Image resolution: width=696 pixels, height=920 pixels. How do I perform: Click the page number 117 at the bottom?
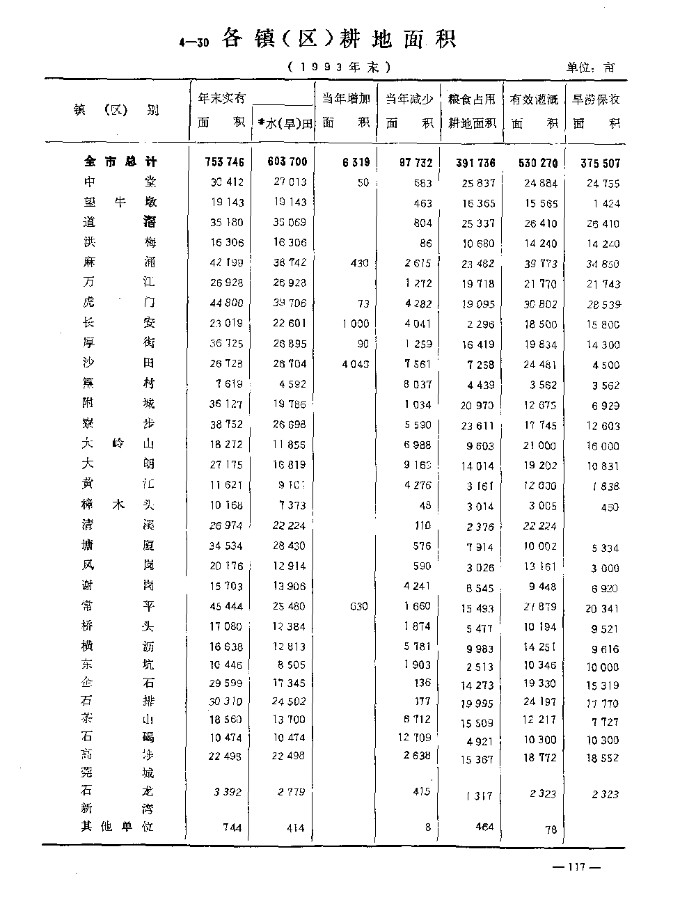click(x=575, y=866)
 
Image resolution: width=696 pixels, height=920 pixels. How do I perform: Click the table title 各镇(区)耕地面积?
click(x=338, y=40)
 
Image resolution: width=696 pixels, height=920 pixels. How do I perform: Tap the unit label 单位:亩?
click(x=591, y=68)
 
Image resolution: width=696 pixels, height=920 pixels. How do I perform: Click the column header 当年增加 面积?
click(x=346, y=111)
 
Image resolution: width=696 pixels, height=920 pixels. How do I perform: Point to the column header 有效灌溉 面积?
click(x=535, y=111)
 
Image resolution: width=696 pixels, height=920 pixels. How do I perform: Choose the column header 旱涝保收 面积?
click(x=596, y=111)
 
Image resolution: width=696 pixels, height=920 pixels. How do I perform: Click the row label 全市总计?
click(x=120, y=161)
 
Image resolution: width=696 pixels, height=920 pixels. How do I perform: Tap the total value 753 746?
click(x=225, y=162)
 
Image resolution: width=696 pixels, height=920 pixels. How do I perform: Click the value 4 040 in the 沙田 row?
click(x=356, y=364)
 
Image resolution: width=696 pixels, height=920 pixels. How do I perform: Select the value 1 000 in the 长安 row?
click(x=356, y=324)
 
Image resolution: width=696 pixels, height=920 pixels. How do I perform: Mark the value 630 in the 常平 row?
click(x=359, y=606)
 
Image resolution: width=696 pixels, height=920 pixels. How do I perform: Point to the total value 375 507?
click(x=600, y=164)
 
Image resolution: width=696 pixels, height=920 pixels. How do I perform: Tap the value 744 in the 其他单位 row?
click(x=232, y=827)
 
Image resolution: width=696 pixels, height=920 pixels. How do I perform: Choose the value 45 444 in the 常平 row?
click(x=226, y=606)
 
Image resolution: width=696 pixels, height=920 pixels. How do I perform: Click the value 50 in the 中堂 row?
click(x=363, y=182)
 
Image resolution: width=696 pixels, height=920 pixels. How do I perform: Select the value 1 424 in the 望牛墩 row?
click(x=603, y=204)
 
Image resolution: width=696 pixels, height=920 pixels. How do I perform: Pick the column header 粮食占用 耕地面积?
click(x=473, y=111)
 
